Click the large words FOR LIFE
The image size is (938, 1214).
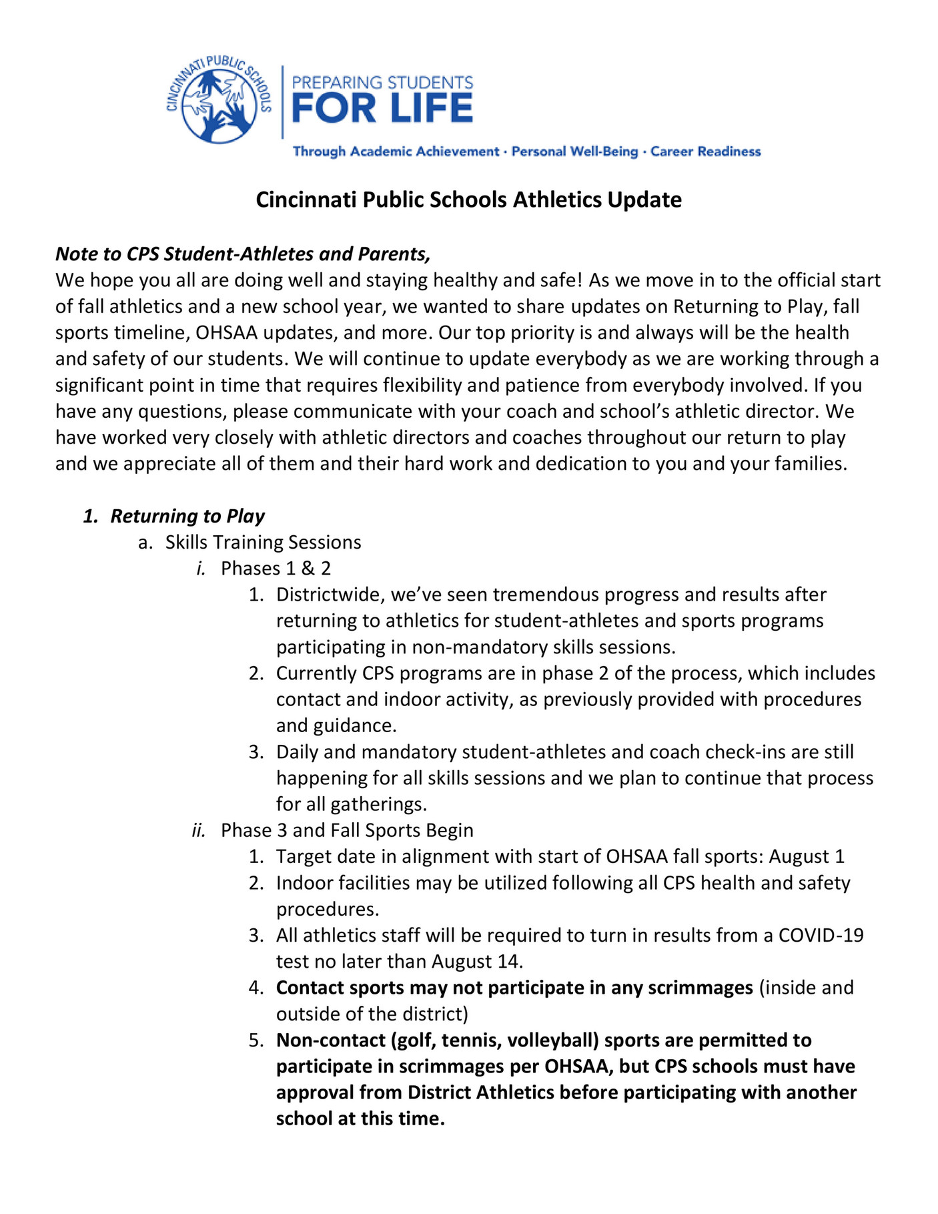(382, 109)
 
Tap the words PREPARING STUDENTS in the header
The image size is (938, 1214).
(382, 83)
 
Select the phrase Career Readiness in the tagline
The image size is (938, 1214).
(705, 151)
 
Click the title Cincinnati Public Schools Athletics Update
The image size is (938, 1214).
(468, 200)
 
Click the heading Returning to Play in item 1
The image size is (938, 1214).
(187, 516)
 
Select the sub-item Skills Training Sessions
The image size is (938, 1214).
(263, 542)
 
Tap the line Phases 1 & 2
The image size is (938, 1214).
(276, 568)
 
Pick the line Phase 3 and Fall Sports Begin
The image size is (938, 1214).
(347, 830)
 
